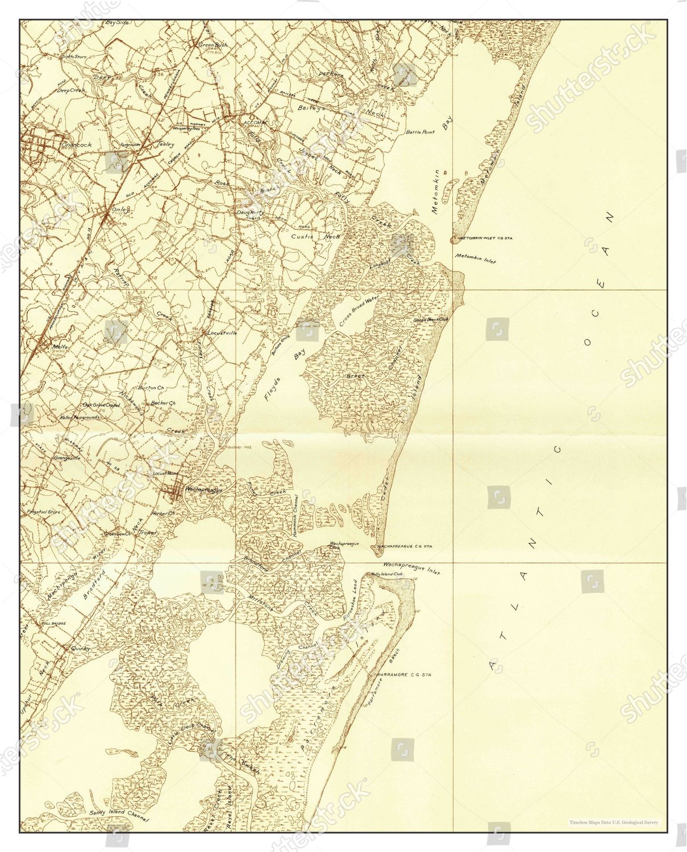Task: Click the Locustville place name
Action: point(224,332)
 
